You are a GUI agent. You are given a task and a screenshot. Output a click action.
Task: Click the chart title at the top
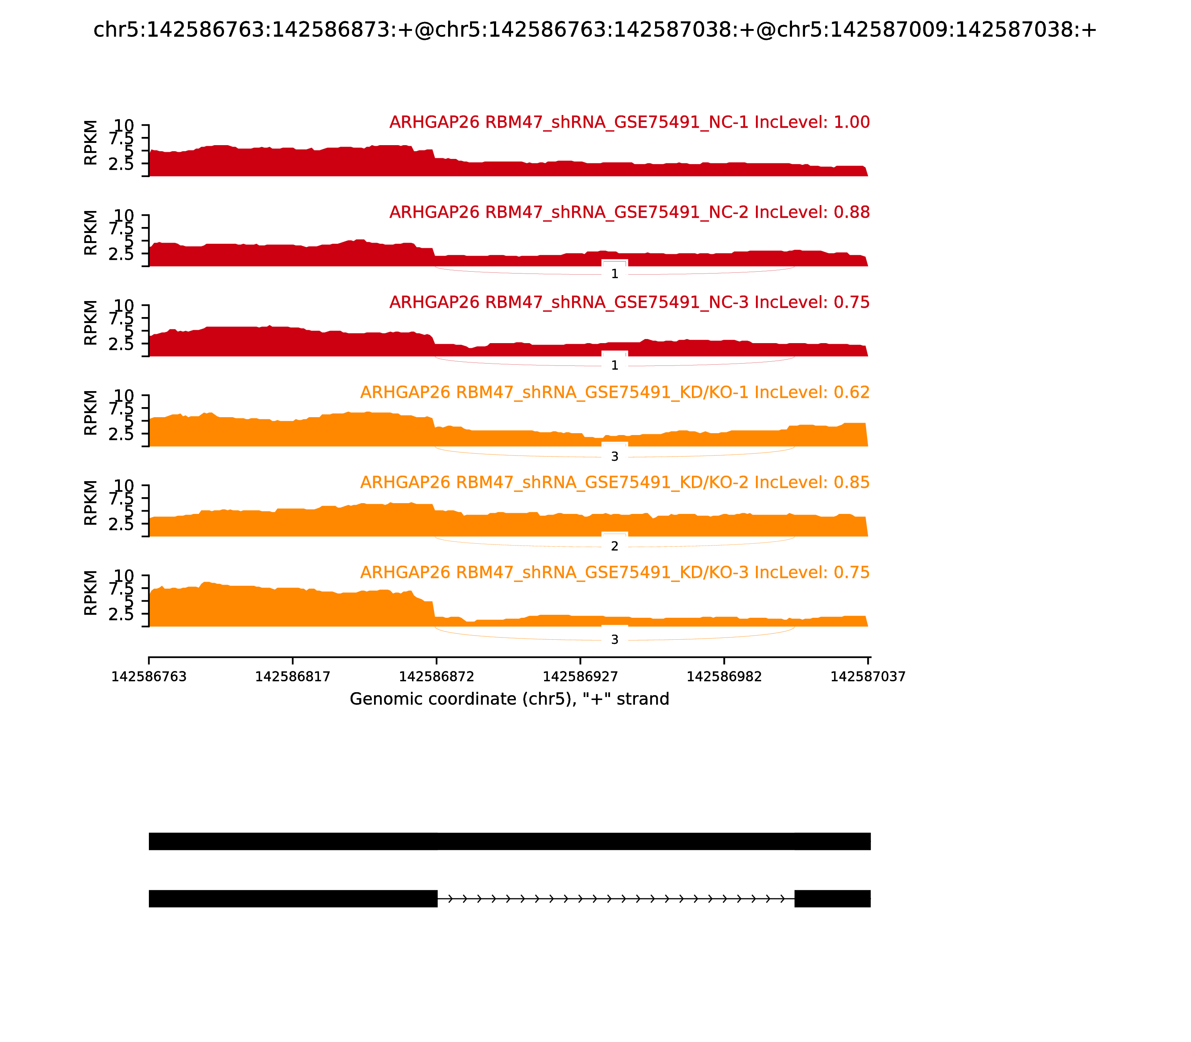coord(595,30)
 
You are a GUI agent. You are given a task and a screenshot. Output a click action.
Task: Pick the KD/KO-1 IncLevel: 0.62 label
coord(615,393)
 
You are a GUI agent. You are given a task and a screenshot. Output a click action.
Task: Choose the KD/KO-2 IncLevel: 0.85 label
coord(615,483)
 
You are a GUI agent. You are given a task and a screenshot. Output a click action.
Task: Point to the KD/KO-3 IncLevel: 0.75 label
coord(615,573)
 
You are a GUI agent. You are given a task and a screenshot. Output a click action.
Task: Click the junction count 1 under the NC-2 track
coord(615,274)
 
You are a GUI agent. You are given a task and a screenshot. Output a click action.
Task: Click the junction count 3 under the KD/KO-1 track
coord(615,457)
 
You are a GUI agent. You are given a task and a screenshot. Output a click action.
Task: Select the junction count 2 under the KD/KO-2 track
coord(615,547)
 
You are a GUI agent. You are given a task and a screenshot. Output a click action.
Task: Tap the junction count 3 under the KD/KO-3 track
coord(615,640)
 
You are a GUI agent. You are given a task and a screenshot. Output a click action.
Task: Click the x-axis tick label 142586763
coord(149,677)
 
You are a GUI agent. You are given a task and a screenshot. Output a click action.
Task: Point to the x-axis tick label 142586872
coord(436,677)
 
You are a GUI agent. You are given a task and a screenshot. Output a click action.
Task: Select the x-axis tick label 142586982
coord(724,677)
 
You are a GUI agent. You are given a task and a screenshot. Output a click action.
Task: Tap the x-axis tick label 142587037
coord(868,677)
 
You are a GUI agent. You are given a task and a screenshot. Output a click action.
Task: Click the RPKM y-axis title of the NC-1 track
coord(91,143)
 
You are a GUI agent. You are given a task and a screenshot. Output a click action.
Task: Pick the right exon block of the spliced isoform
coord(832,898)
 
